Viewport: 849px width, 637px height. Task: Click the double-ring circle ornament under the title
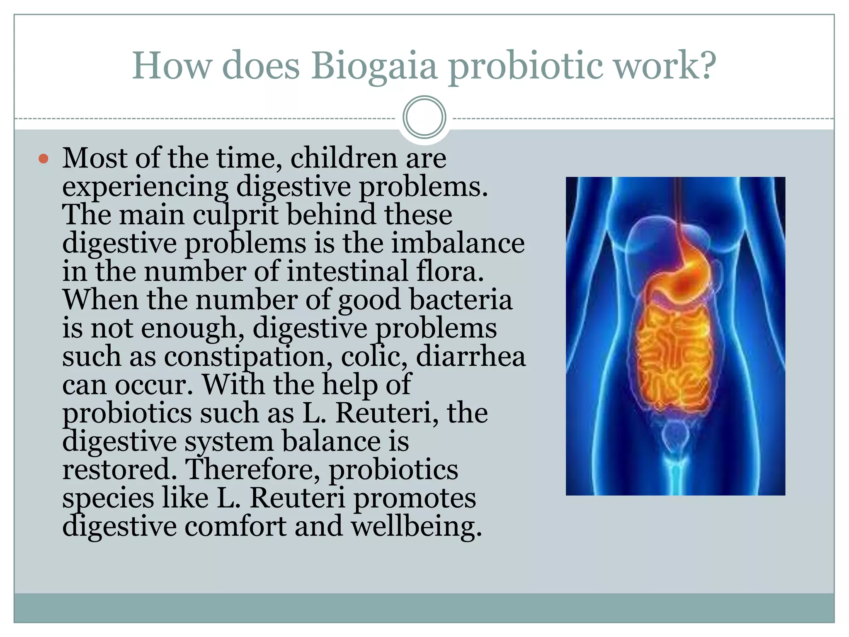[x=424, y=117]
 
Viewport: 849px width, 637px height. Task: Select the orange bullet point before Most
[x=44, y=158]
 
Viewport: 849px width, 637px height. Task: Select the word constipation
[x=247, y=357]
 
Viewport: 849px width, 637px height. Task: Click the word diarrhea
[x=471, y=357]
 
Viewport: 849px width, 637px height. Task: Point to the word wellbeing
[x=416, y=527]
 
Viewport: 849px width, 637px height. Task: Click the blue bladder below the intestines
[x=675, y=435]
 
